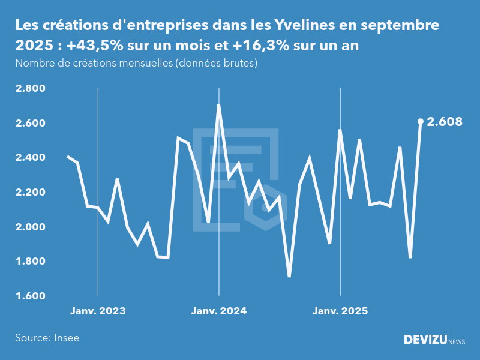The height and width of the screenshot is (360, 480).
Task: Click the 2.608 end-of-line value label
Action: point(445,122)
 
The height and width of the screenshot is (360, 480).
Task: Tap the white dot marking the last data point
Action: point(421,122)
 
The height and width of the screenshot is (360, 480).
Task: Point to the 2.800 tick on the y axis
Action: point(30,89)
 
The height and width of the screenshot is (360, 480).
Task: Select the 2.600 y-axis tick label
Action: point(30,124)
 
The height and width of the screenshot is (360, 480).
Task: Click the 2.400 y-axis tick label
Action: point(30,158)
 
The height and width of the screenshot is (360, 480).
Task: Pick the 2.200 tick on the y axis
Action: point(30,193)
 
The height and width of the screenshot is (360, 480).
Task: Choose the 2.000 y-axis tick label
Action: point(30,227)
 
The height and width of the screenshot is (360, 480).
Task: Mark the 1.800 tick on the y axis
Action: point(30,262)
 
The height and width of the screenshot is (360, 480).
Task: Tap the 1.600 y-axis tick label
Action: point(30,296)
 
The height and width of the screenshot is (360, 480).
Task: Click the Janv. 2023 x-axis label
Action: point(98,311)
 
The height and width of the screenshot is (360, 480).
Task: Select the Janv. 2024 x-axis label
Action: point(219,311)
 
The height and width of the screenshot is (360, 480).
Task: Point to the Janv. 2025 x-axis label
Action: point(340,311)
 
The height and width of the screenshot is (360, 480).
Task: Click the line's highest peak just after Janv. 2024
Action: point(218,106)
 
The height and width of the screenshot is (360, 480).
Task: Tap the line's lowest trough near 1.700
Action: point(289,276)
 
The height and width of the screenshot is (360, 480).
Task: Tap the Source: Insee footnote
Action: point(47,338)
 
